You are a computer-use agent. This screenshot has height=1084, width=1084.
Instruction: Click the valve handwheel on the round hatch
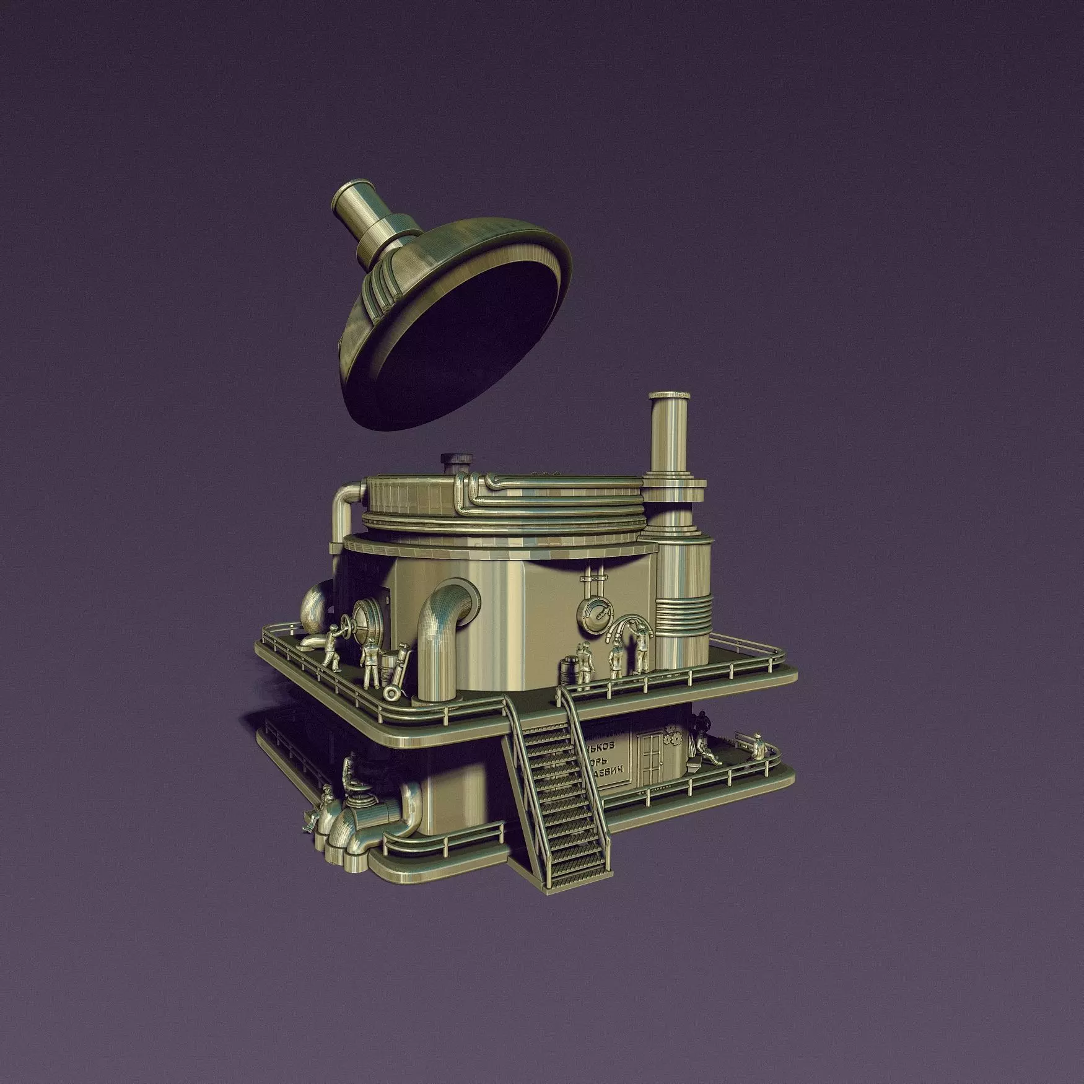(357, 620)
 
